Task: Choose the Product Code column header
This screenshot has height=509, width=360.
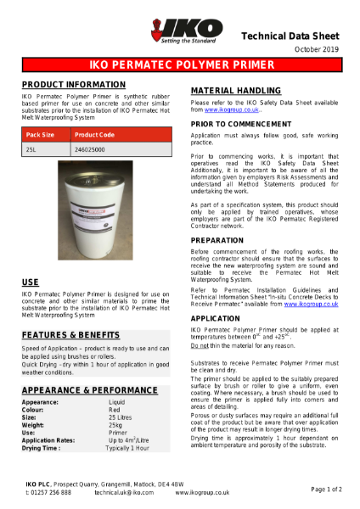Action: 94,135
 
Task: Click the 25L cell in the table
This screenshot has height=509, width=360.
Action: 32,150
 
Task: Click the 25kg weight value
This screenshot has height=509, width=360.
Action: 117,424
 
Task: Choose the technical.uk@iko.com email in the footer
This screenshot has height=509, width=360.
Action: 124,492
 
